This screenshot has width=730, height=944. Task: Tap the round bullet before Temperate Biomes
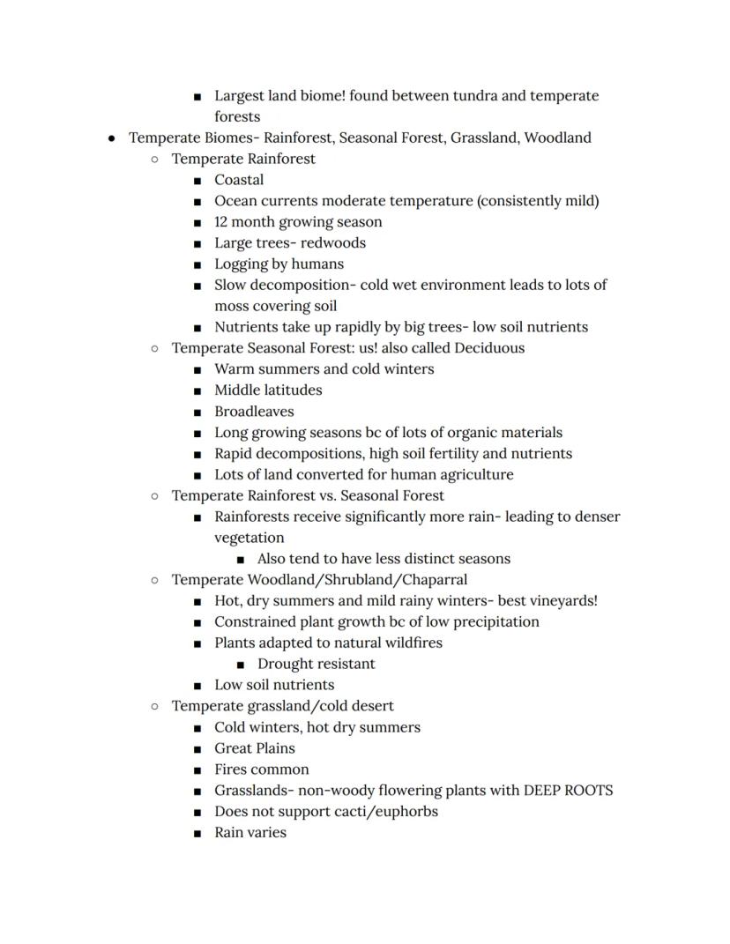click(x=112, y=138)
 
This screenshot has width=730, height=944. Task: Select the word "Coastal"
click(x=239, y=180)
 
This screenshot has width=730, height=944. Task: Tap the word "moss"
click(x=233, y=307)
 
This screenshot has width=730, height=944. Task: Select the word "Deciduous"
click(x=488, y=348)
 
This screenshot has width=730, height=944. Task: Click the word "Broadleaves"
click(x=254, y=412)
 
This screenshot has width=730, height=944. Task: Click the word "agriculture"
click(x=475, y=475)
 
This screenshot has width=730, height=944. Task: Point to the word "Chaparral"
click(x=434, y=580)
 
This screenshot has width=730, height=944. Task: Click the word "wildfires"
click(x=409, y=643)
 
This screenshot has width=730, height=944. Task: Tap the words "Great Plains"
click(x=254, y=748)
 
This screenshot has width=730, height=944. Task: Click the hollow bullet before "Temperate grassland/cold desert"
click(x=154, y=707)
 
